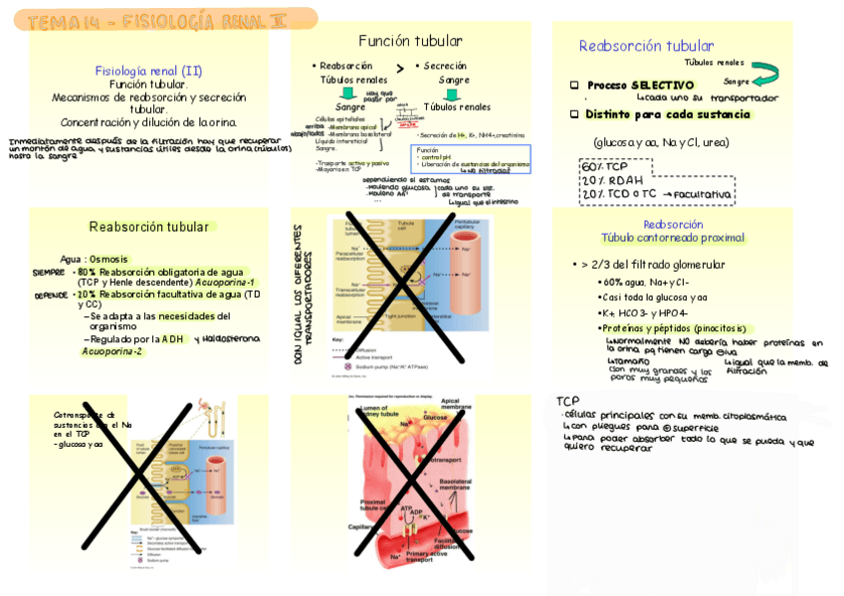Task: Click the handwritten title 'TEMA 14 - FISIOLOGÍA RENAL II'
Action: (159, 20)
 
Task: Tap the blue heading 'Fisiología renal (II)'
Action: (148, 71)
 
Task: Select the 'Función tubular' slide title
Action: (410, 41)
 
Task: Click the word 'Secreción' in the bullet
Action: (445, 66)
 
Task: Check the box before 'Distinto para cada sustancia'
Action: (574, 114)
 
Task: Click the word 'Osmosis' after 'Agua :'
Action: (109, 259)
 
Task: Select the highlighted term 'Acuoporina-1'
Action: (225, 283)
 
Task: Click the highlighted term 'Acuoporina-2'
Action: (111, 351)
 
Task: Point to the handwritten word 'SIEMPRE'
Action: (48, 272)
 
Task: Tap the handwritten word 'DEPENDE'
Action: (51, 296)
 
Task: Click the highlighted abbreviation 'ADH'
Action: (173, 338)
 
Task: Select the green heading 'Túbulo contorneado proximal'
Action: (673, 238)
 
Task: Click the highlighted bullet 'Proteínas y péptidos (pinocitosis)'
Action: (673, 327)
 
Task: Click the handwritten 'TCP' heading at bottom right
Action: (568, 400)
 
